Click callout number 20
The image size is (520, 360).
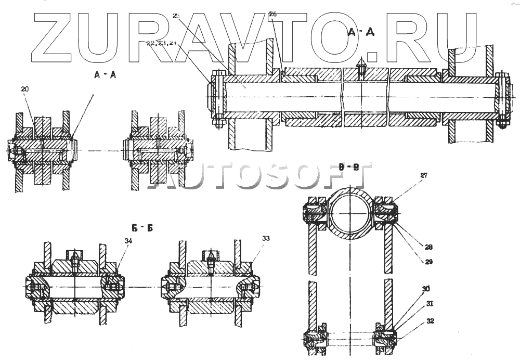[24, 89]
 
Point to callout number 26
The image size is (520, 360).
[272, 15]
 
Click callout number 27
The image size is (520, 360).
[424, 176]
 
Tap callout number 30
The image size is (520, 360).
[426, 288]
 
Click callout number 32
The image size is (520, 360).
[430, 321]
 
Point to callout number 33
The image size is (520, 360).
[266, 238]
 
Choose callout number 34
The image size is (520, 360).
[128, 240]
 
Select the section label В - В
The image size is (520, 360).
[348, 168]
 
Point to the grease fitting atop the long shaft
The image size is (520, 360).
[360, 68]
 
